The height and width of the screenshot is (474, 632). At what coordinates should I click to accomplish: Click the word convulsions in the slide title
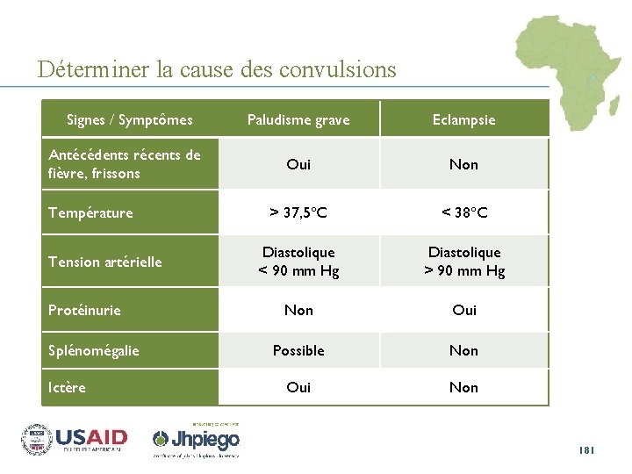point(338,68)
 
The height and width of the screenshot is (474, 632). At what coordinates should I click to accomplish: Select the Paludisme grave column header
point(298,120)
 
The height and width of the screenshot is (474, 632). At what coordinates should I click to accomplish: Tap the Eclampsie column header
point(463,120)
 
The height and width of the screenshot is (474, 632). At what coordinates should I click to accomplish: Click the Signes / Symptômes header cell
point(130,119)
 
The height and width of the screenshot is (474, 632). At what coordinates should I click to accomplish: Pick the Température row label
point(91,212)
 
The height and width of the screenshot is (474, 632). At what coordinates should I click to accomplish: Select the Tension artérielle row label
point(105,262)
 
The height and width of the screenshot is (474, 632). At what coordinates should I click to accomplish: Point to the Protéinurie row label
point(85,310)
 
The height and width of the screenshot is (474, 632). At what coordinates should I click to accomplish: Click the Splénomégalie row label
point(94,350)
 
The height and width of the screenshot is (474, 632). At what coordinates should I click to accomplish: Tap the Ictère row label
point(68,387)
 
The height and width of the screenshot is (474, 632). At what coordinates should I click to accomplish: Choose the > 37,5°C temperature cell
point(298,212)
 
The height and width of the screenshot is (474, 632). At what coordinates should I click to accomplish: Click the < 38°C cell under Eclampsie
point(463,212)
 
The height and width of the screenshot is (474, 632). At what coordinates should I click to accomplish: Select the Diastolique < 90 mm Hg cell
point(298,262)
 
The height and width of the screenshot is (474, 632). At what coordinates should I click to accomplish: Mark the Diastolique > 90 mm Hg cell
point(463,262)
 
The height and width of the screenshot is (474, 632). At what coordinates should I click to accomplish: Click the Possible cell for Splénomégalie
point(298,350)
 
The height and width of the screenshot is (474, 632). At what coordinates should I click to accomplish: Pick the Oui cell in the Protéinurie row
point(463,310)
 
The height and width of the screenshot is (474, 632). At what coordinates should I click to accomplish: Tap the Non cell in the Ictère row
point(463,387)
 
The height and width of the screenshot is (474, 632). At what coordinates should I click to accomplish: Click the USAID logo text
point(91,437)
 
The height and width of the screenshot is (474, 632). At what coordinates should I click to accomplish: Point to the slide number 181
point(587,450)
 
